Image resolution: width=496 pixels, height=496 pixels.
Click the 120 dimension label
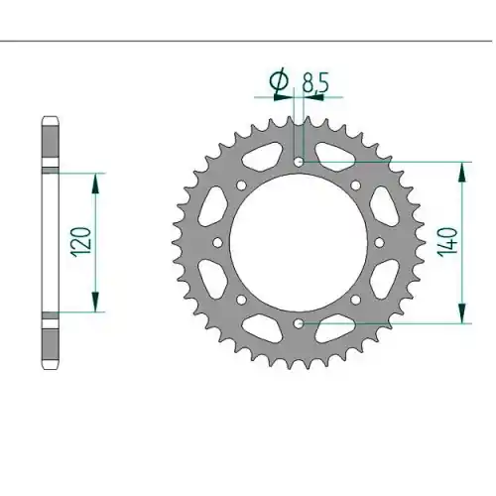[80, 242]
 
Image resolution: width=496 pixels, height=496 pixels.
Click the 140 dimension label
[448, 242]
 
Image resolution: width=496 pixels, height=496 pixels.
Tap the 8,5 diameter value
[315, 83]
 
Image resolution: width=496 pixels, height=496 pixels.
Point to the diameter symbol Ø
[279, 80]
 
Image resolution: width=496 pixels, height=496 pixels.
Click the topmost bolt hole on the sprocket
[299, 162]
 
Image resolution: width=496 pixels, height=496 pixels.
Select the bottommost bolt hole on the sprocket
[299, 323]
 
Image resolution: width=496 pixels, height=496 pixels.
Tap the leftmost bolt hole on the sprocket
[217, 243]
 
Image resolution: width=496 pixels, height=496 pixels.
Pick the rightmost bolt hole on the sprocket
[379, 243]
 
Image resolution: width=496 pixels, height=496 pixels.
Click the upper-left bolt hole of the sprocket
[242, 186]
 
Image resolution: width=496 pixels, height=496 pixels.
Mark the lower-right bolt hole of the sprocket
[356, 300]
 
